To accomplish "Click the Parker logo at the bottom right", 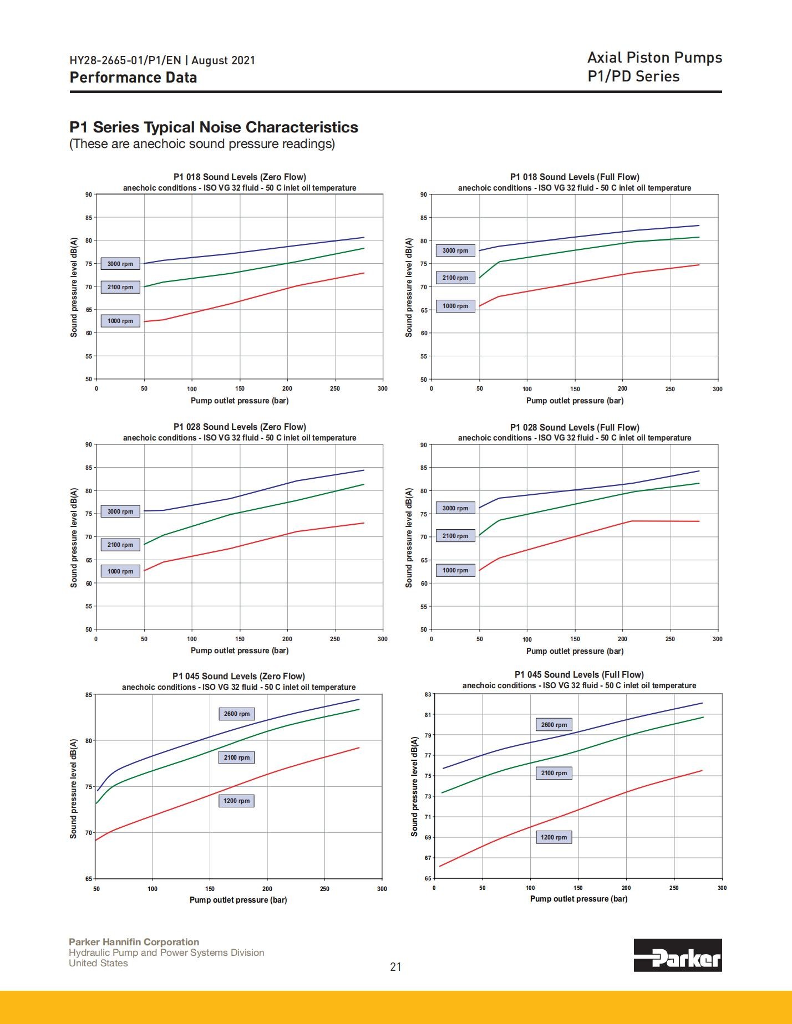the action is click(678, 955).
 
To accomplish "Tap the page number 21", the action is click(395, 967).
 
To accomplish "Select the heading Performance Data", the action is click(133, 78).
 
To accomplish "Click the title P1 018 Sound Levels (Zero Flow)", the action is click(240, 177).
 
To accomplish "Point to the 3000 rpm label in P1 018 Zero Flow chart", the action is click(120, 264).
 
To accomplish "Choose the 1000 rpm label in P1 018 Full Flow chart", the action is click(455, 306).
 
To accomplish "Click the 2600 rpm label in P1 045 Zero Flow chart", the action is click(237, 714).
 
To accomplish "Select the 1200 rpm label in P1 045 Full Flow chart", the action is click(554, 837).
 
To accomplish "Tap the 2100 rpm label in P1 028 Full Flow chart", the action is click(455, 536).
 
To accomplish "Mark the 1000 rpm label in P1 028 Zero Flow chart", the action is click(120, 571).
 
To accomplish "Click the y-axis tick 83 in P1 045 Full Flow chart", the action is click(428, 694).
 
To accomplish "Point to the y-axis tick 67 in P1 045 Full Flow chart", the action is click(428, 858).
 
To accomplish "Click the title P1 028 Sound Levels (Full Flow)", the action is click(575, 427).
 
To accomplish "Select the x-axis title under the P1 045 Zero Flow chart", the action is click(238, 900).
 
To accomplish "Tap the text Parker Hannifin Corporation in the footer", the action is click(134, 942).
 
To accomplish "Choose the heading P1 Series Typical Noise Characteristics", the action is click(214, 127).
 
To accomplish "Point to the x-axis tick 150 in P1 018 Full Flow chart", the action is click(575, 389).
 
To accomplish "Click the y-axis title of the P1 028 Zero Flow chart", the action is click(74, 537).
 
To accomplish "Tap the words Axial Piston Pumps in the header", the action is click(654, 58).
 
